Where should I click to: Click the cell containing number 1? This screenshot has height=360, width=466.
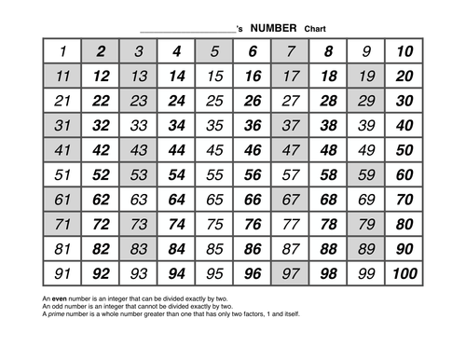coord(62,51)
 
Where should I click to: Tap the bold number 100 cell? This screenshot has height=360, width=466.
coord(404,274)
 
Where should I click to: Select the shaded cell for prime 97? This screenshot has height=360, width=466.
coord(290,274)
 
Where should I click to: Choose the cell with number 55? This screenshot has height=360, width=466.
coord(214,174)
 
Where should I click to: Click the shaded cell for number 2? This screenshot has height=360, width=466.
coord(101,51)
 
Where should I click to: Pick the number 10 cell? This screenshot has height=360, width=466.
coord(404,51)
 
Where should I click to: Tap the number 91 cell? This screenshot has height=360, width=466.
coord(62,274)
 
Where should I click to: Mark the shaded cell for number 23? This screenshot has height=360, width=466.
coord(139,101)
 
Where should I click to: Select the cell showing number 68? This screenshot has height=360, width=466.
coord(328,200)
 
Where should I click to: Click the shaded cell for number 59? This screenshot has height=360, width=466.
coord(366,174)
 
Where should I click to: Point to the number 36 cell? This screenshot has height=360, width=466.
coord(253,125)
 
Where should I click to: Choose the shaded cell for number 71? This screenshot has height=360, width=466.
coord(62,224)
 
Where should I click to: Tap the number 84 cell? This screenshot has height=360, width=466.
coord(177,249)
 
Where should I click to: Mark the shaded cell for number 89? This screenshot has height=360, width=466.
coord(366,249)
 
